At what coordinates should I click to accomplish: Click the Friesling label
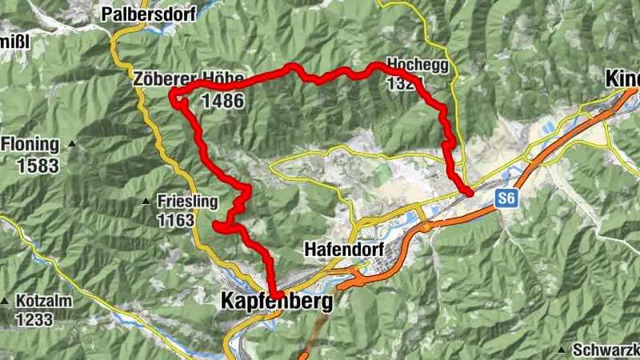point(187,202)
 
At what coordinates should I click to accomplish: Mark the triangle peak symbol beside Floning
point(72,145)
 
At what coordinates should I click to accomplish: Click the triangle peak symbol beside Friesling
point(146,201)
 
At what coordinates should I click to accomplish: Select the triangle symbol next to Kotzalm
point(5,302)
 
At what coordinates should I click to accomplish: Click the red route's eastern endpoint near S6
point(469,192)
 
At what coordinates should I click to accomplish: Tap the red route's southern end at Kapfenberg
point(274,294)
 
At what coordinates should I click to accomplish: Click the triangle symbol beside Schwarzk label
point(564,350)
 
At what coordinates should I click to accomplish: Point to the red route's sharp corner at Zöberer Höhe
point(173,96)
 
